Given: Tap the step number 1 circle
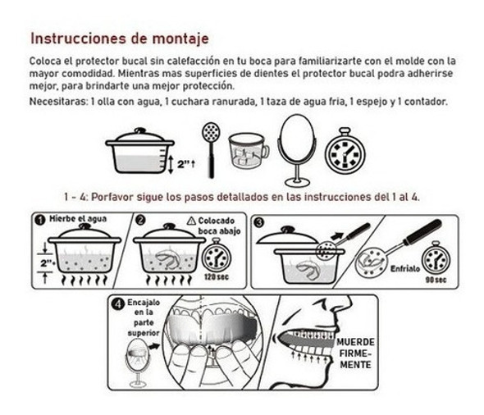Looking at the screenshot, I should [x=39, y=220].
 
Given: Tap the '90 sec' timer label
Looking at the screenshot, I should [x=437, y=280].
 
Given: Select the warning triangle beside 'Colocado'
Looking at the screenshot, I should [x=191, y=220].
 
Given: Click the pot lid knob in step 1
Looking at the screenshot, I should [x=78, y=230].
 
